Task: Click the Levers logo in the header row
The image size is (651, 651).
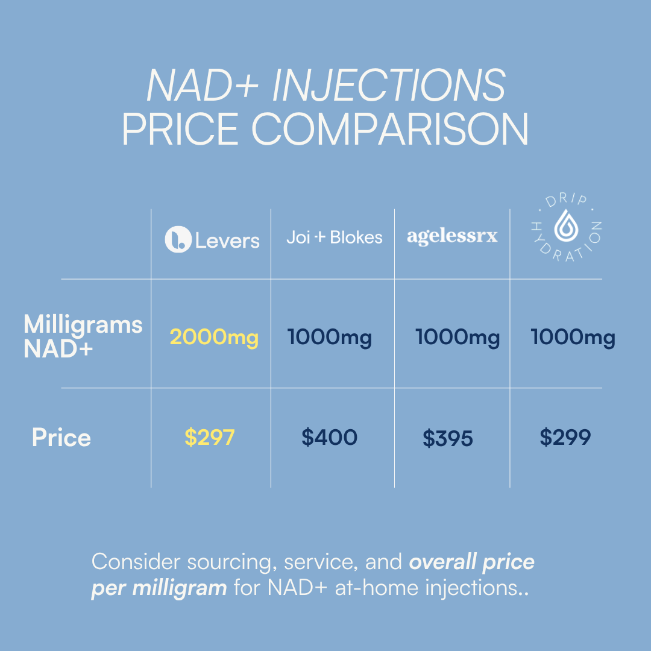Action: coord(212,240)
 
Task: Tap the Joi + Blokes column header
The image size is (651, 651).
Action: coord(334,237)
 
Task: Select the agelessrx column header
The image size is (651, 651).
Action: coord(452,236)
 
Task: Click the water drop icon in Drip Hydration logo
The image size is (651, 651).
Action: coord(565,226)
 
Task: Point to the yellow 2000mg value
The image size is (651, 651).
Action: coord(214,338)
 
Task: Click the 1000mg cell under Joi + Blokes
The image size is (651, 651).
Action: coord(330,338)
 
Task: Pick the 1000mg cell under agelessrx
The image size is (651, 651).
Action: coord(458,338)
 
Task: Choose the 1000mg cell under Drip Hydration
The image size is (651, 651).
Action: coord(573,338)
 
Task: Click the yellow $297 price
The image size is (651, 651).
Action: coord(209,438)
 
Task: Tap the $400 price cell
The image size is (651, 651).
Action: coord(329,438)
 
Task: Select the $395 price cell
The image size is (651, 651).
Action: coord(447,439)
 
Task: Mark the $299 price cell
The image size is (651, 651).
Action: coord(565,438)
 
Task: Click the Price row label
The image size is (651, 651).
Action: coord(61,438)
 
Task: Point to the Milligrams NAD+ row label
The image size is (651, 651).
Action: coord(83,336)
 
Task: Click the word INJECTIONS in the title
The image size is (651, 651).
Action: coord(389,86)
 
